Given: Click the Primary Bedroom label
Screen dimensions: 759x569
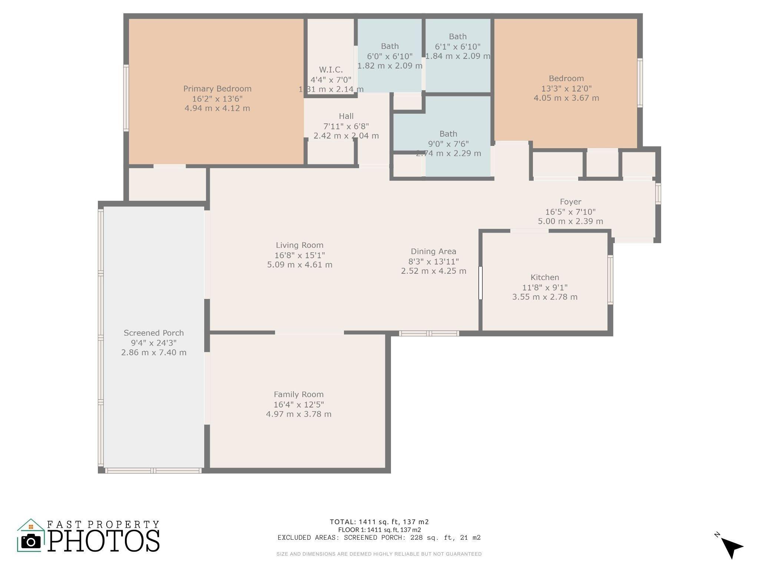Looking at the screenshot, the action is [x=218, y=89].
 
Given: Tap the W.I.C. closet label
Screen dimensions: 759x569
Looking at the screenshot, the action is [x=331, y=70].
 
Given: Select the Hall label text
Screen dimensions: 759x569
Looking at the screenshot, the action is [x=346, y=116].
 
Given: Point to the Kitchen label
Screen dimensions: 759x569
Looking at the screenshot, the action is [x=545, y=277].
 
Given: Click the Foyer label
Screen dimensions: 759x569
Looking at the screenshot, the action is [x=570, y=202].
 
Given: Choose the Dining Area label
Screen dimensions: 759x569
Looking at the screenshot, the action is [x=434, y=252].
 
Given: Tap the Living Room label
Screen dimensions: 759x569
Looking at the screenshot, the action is [x=299, y=245].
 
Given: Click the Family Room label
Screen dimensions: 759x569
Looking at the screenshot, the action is [x=299, y=395].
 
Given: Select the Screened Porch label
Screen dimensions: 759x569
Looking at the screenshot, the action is [x=154, y=333].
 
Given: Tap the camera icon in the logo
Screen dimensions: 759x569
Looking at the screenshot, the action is [x=31, y=542].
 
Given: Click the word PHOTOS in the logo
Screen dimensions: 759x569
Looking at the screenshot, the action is [x=104, y=540].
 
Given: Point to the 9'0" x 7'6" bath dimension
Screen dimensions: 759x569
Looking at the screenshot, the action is [x=448, y=144].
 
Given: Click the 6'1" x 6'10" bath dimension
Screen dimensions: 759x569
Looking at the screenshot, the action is [x=458, y=47].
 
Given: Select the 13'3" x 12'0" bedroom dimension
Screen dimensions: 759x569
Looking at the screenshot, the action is [x=566, y=89].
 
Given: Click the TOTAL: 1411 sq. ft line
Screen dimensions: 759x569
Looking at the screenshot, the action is [x=379, y=522].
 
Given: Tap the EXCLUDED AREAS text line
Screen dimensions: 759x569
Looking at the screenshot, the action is [x=379, y=538].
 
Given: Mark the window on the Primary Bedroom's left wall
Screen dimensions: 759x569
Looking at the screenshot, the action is [x=126, y=98].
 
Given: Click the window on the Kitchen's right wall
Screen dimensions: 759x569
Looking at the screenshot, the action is [x=610, y=280].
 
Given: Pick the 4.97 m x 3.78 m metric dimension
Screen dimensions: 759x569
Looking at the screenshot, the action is [x=299, y=414].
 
